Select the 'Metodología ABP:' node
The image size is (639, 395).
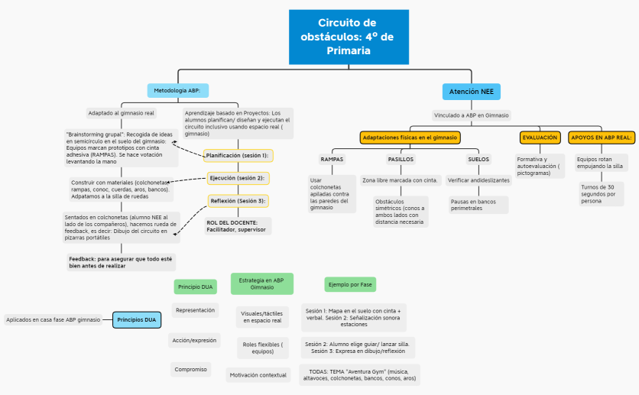pos(177,90)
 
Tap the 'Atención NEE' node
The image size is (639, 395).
pos(471,92)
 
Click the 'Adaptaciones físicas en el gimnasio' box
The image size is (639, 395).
pos(410,138)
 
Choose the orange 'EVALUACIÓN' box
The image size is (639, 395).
pos(540,138)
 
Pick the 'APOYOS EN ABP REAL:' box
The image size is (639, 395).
pos(602,138)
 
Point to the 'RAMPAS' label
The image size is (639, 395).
pos(332,159)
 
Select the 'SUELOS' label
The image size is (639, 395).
pos(478,159)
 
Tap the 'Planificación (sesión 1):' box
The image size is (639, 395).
pos(238,156)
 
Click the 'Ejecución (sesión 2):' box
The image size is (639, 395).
pos(237,178)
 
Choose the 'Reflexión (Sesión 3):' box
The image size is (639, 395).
pos(238,201)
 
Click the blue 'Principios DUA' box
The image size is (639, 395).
pos(138,320)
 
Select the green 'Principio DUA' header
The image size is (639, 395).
pos(195,287)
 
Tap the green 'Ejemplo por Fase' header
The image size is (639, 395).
pos(349,284)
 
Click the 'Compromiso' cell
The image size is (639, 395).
pos(190,369)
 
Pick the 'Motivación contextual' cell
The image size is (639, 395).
pos(259,374)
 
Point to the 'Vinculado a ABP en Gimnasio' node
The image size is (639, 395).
pos(471,115)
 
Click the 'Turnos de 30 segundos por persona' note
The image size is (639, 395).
pos(602,194)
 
